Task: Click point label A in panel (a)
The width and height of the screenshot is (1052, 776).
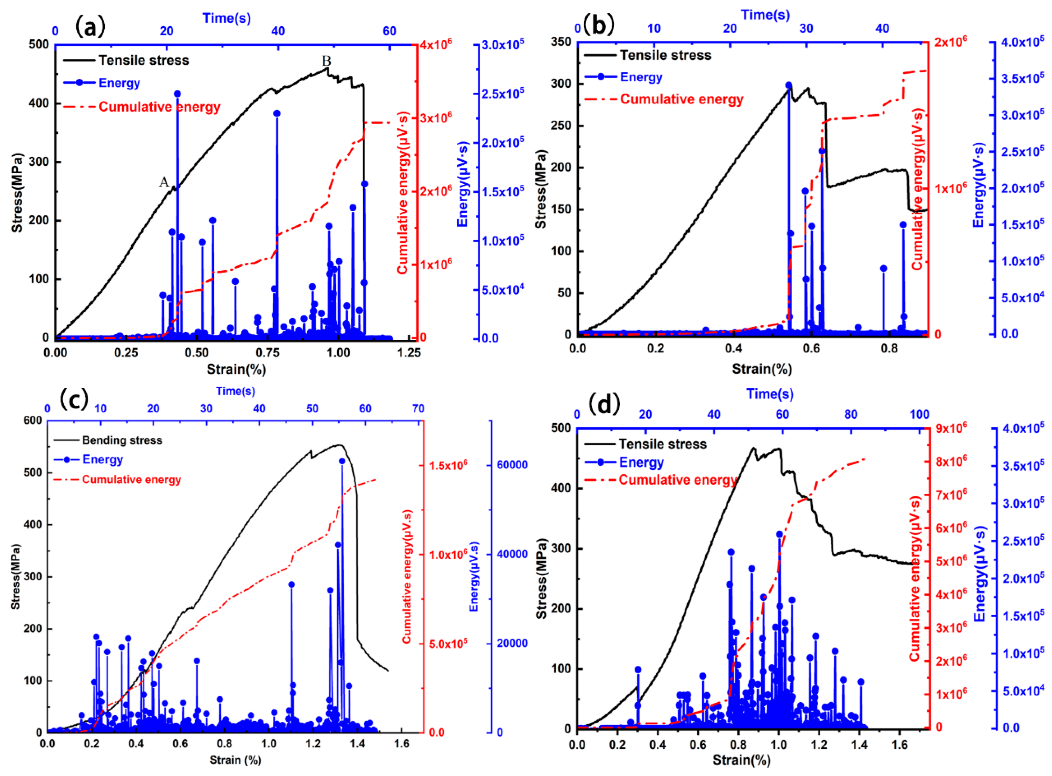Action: coord(164,182)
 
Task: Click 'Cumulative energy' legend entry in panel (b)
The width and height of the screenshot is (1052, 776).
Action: coord(682,99)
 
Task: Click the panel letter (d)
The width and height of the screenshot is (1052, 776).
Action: coord(604,405)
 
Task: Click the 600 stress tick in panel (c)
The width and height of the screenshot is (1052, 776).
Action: coord(32,421)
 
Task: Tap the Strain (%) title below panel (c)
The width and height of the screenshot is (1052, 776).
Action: coord(235,759)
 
